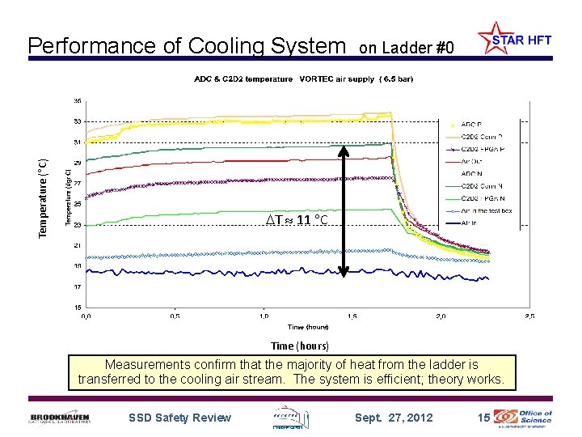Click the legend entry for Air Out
coord(471,161)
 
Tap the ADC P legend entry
coord(470,125)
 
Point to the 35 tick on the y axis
coord(78,101)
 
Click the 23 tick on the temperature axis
coord(78,225)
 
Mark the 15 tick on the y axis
coord(78,308)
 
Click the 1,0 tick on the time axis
coord(264,316)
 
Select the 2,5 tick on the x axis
coord(529,316)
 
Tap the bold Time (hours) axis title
coord(300,346)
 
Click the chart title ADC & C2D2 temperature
coord(243,79)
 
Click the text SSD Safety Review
coord(179,418)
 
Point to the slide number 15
coord(483,418)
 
